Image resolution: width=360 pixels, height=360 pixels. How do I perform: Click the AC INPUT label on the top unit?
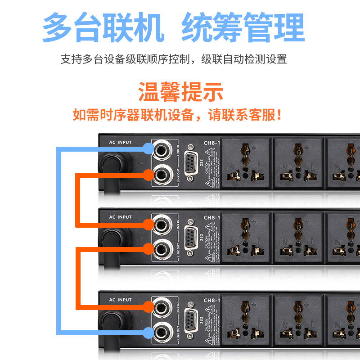[x=120, y=143]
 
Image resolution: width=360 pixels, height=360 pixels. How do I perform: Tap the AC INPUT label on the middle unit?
[x=120, y=217]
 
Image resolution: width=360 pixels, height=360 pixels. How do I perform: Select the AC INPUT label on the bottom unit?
[x=120, y=300]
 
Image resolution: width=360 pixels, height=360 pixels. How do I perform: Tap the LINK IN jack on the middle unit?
[x=162, y=224]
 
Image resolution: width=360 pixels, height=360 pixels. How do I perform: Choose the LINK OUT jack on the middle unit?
[x=162, y=247]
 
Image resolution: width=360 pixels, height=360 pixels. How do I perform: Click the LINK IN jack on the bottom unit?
[x=162, y=307]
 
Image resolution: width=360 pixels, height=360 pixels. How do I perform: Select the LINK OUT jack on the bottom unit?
[x=162, y=332]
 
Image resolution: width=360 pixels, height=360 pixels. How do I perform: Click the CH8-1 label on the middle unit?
[x=211, y=218]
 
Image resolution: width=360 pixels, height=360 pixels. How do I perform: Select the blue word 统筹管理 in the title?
[x=243, y=28]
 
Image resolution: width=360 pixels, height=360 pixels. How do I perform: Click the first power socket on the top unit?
[x=246, y=162]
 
